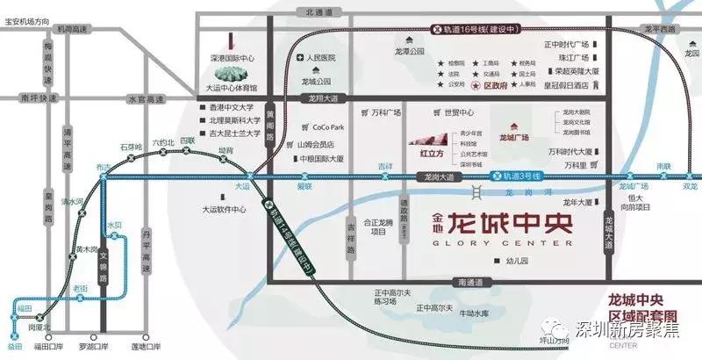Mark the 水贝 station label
pyautogui.click(x=114, y=225)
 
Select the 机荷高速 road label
pyautogui.click(x=70, y=30)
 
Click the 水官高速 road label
pyautogui.click(x=146, y=98)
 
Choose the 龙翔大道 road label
pyautogui.click(x=310, y=98)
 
